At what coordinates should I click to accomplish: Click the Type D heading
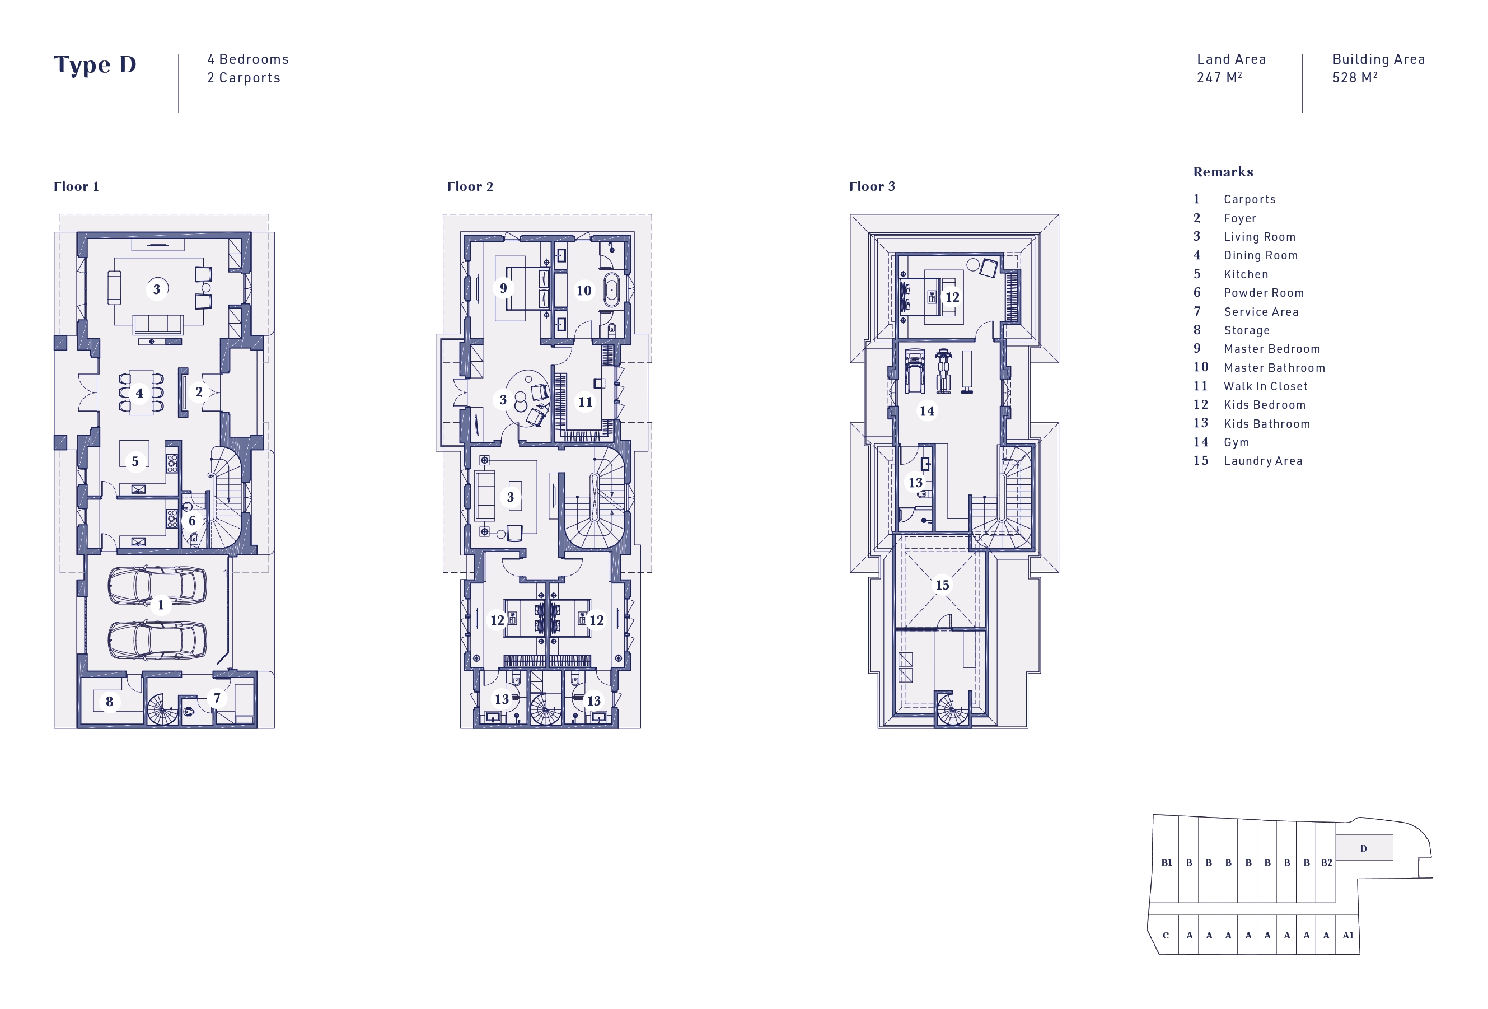[x=95, y=64]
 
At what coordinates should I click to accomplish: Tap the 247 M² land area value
[x=1219, y=77]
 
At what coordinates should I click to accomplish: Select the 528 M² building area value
[x=1355, y=77]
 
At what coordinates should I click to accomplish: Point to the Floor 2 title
[x=470, y=186]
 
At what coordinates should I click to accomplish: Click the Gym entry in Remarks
[x=1236, y=442]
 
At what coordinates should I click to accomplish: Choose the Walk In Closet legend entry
[x=1265, y=386]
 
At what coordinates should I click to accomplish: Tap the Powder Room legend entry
[x=1264, y=293]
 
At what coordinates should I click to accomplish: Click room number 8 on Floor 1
[x=110, y=702]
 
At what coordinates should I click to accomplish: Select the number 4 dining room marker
[x=139, y=393]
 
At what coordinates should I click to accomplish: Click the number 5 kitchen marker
[x=135, y=461]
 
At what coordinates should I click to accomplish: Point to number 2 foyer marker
[x=199, y=392]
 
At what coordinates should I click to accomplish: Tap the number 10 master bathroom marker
[x=583, y=291]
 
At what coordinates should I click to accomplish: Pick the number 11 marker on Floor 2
[x=585, y=402]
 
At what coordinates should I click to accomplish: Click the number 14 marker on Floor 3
[x=927, y=411]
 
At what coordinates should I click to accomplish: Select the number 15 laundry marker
[x=943, y=585]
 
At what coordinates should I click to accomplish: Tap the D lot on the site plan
[x=1364, y=848]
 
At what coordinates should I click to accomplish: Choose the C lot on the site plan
[x=1166, y=936]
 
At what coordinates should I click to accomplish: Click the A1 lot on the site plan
[x=1348, y=936]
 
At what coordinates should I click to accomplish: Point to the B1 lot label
[x=1167, y=862]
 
